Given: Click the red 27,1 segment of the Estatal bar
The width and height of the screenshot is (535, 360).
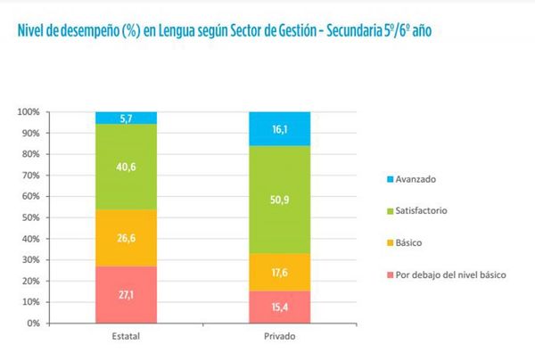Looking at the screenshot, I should pos(127,294).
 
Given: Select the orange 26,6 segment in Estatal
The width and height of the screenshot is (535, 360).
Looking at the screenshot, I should pos(127,237).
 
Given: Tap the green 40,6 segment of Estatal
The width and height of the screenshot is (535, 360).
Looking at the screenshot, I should pos(127,167).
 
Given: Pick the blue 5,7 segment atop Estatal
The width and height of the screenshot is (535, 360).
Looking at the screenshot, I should pos(127,118).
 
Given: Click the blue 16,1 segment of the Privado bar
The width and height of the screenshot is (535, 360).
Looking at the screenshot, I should pos(279,129).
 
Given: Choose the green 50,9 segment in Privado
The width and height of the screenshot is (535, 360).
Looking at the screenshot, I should pos(279,200).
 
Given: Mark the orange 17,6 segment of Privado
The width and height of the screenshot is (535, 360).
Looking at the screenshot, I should pos(279,272).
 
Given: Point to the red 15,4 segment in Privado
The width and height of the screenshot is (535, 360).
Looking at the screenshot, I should pos(279,307).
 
